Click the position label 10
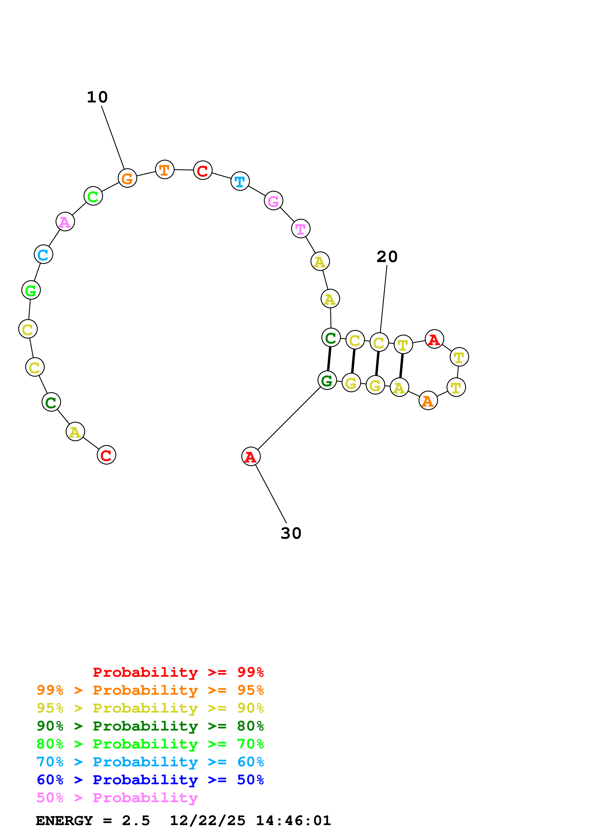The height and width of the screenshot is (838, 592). [97, 97]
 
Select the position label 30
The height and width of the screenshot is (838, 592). [291, 533]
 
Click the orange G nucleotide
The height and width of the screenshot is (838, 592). [127, 178]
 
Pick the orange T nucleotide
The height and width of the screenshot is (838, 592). [165, 170]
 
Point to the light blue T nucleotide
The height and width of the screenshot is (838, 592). [240, 181]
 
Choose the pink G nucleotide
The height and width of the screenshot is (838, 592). [273, 201]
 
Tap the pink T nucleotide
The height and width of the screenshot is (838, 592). [301, 229]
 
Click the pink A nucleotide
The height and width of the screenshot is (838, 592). [65, 222]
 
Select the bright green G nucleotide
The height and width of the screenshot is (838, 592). [31, 290]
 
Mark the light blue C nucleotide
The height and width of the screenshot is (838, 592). [43, 254]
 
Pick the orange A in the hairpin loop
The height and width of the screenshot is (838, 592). [428, 401]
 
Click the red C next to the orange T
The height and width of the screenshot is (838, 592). [203, 171]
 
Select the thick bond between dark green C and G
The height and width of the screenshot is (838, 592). [329, 359]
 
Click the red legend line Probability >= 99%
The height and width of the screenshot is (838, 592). [178, 672]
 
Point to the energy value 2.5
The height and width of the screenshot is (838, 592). [136, 821]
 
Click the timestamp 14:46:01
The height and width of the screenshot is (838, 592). [293, 821]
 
